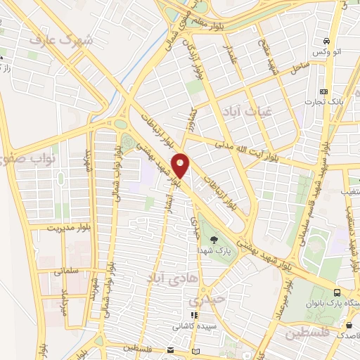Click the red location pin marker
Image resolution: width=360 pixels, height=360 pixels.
coord(181,165)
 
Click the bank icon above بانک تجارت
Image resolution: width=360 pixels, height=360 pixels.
coord(323,92)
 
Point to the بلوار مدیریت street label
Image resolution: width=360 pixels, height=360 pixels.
coord(70,228)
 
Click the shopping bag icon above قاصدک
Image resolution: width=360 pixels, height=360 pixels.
coord(349,325)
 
